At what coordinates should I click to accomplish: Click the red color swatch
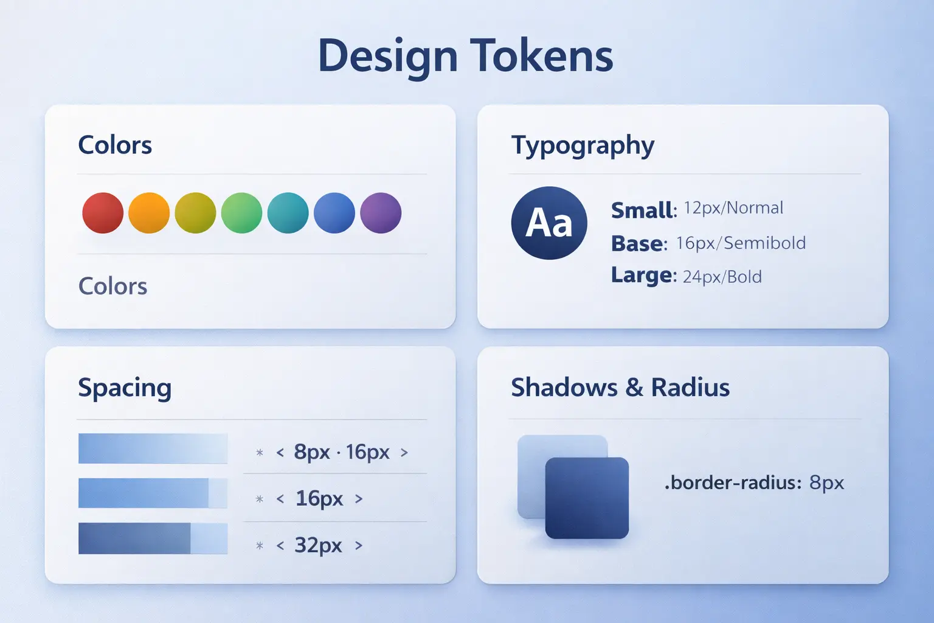tap(103, 213)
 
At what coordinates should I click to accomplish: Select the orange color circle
tap(149, 213)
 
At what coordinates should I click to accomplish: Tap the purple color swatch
tap(381, 213)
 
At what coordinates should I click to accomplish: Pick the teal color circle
tap(288, 213)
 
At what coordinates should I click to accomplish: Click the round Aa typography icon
tap(549, 223)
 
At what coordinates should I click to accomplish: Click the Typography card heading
tap(583, 146)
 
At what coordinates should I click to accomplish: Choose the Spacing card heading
tap(125, 388)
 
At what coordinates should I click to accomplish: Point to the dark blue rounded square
tap(587, 498)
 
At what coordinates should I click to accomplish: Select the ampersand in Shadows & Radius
tap(634, 388)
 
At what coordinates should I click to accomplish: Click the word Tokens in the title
tap(541, 56)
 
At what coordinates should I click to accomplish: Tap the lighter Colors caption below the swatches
tap(112, 286)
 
